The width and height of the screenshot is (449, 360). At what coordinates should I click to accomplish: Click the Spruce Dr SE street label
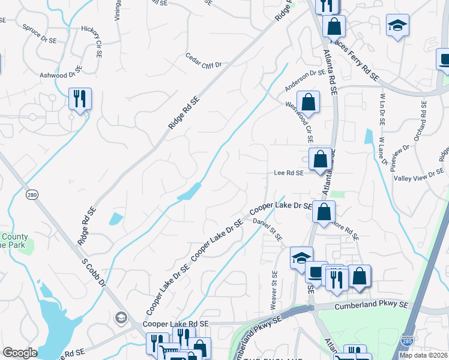click(x=39, y=31)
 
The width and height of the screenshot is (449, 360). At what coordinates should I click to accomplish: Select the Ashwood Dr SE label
click(x=60, y=75)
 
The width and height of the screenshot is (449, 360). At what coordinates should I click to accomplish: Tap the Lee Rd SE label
click(x=289, y=172)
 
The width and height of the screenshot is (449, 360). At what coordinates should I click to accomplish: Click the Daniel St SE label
click(x=267, y=230)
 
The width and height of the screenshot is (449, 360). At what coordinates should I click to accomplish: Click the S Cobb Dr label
click(x=95, y=272)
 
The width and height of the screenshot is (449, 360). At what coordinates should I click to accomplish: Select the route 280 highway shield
click(x=32, y=194)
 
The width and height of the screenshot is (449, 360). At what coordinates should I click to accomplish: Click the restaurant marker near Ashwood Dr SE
click(x=80, y=98)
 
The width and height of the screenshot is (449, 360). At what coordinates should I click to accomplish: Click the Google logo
click(x=20, y=353)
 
